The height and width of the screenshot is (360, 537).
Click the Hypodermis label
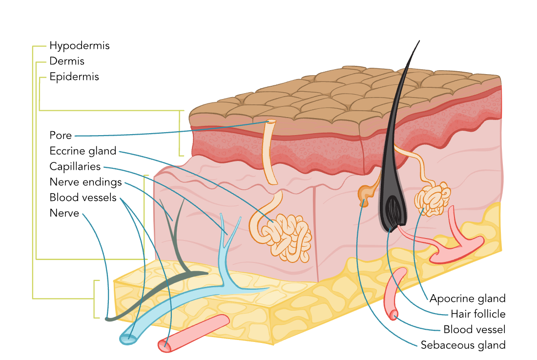pyautogui.click(x=79, y=46)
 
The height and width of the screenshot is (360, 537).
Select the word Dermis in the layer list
pyautogui.click(x=67, y=61)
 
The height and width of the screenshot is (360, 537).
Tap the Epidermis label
pyautogui.click(x=74, y=77)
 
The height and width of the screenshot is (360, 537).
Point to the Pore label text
pyautogui.click(x=61, y=136)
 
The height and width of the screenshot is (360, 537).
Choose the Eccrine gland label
pyautogui.click(x=83, y=151)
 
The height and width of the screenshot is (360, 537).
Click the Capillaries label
pyautogui.click(x=75, y=167)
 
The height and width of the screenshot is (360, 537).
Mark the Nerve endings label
pyautogui.click(x=85, y=182)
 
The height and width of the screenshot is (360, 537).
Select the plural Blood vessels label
pyautogui.click(x=83, y=198)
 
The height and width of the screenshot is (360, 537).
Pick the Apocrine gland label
pyautogui.click(x=467, y=299)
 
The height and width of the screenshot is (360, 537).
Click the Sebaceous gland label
pyautogui.click(x=463, y=345)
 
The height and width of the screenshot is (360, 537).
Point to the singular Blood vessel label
pyautogui.click(x=474, y=330)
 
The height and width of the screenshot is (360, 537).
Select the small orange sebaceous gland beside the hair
pyautogui.click(x=364, y=194)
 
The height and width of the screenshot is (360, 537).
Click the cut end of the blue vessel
pyautogui.click(x=127, y=338)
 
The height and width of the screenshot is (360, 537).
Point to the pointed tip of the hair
pyautogui.click(x=419, y=41)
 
